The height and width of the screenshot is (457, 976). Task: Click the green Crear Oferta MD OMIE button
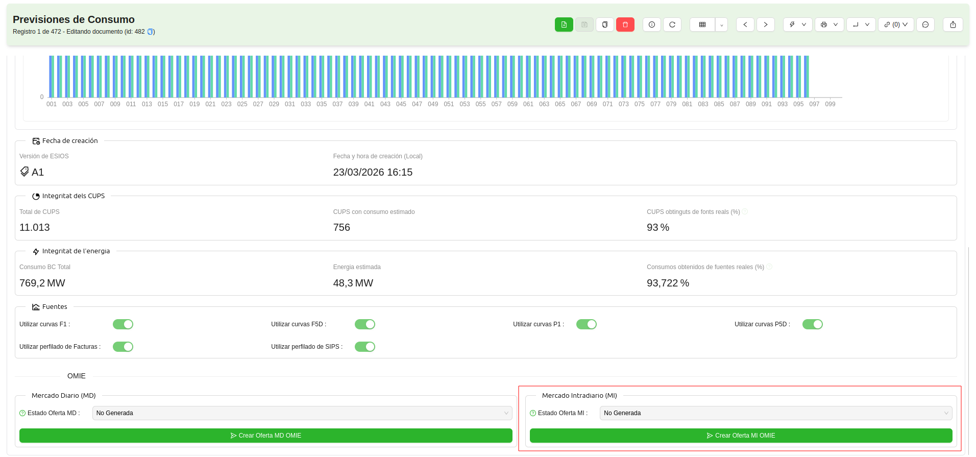pyautogui.click(x=265, y=436)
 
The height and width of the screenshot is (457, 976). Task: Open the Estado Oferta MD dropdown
pyautogui.click(x=302, y=413)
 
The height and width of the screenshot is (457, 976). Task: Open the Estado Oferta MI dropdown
pyautogui.click(x=775, y=413)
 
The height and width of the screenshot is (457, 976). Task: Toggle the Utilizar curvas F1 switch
pyautogui.click(x=123, y=324)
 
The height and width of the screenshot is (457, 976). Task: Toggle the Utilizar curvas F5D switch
pyautogui.click(x=365, y=324)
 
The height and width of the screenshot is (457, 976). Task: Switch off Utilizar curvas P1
pyautogui.click(x=587, y=324)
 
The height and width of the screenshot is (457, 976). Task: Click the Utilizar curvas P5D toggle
pyautogui.click(x=813, y=324)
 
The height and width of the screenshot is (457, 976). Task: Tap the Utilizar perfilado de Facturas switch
pyautogui.click(x=123, y=347)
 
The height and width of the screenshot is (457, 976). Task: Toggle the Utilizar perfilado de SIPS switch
pyautogui.click(x=365, y=347)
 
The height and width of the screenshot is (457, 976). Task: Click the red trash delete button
pyautogui.click(x=625, y=25)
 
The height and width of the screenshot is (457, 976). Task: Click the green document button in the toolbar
pyautogui.click(x=564, y=25)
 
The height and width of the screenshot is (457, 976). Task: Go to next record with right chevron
pyautogui.click(x=766, y=25)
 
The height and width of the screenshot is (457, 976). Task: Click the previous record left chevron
pyautogui.click(x=745, y=25)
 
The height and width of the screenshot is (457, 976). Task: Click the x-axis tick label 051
pyautogui.click(x=449, y=104)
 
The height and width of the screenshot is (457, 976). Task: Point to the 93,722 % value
pyautogui.click(x=668, y=283)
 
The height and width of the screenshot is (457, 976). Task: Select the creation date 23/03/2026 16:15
pyautogui.click(x=373, y=173)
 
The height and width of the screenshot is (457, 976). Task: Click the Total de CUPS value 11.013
pyautogui.click(x=35, y=228)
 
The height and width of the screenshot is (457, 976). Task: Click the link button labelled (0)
pyautogui.click(x=896, y=25)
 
